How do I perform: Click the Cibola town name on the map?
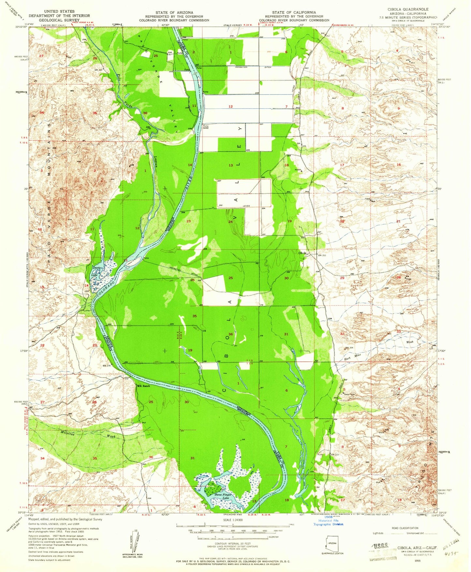click(302, 253)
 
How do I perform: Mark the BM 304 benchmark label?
click(349, 348)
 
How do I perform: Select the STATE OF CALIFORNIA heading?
click(294, 12)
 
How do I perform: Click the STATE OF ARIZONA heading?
click(174, 12)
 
